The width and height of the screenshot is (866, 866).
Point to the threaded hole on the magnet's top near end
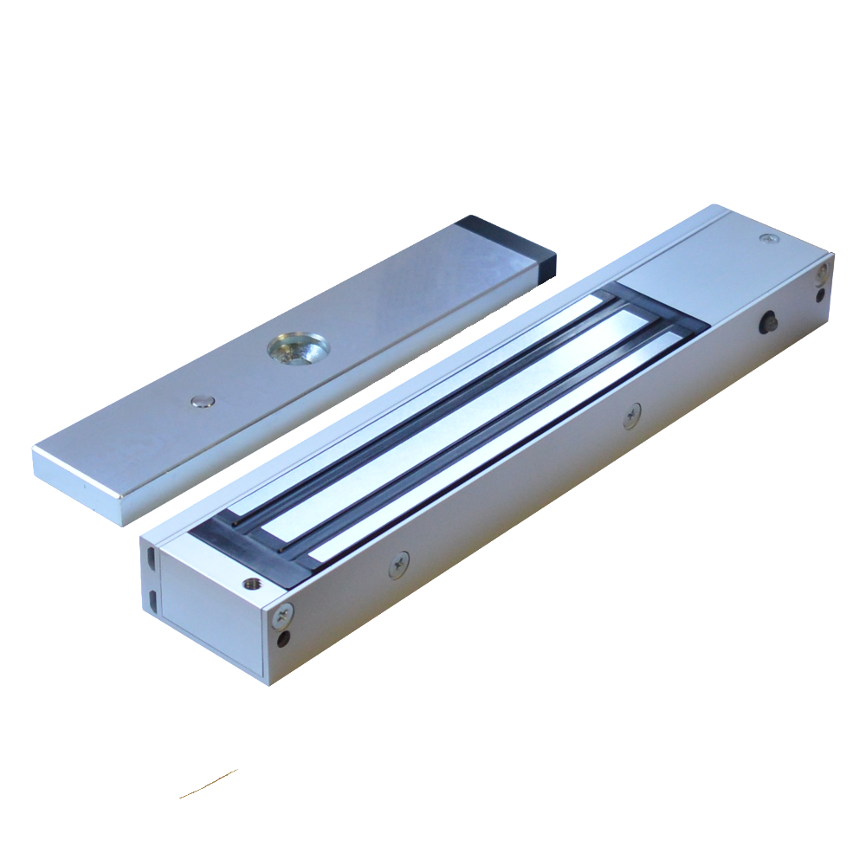click(252, 585)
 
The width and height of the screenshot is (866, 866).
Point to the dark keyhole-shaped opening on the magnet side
click(766, 324)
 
